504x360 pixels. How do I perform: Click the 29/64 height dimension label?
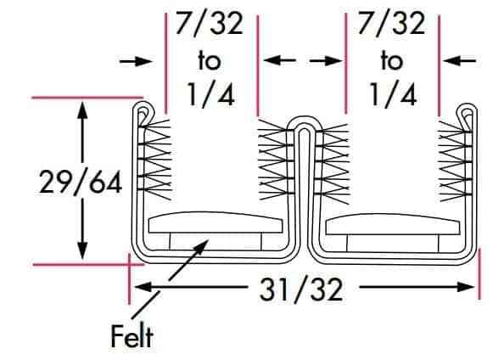(81, 183)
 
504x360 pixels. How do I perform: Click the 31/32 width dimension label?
(301, 290)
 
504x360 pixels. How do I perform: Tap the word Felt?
(132, 336)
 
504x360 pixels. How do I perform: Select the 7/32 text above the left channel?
(209, 24)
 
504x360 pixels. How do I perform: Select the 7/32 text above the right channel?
(391, 24)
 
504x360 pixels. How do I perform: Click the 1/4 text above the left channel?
(210, 94)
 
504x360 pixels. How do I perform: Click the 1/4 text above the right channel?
(393, 94)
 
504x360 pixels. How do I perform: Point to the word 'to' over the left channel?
(210, 61)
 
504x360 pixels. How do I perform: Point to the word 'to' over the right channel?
(392, 61)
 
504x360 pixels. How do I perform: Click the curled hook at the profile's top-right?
(467, 110)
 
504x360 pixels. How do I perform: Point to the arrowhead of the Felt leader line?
(202, 246)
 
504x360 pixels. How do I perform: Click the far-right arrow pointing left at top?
(459, 60)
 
